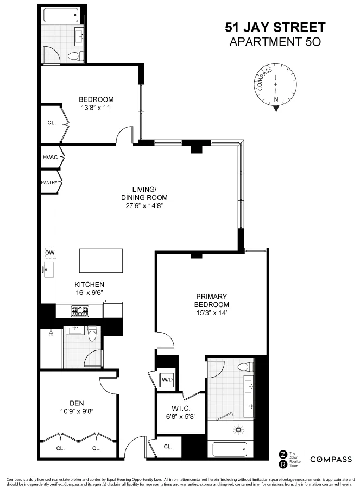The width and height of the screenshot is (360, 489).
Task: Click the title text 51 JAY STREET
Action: (x=275, y=27)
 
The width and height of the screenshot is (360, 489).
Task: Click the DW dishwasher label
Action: (x=49, y=253)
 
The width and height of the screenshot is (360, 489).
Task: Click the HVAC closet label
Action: (x=50, y=158)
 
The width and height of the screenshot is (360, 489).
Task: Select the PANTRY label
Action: (x=49, y=183)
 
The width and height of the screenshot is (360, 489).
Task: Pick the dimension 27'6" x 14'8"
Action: (x=144, y=206)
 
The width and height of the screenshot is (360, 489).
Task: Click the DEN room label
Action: (x=76, y=403)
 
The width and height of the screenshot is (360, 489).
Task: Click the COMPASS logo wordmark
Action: (x=331, y=459)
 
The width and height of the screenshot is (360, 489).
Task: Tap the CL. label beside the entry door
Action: (x=168, y=447)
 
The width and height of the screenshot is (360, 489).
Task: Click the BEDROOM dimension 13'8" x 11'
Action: (x=96, y=108)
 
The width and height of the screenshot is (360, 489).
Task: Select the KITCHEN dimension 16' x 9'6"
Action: (x=89, y=292)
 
